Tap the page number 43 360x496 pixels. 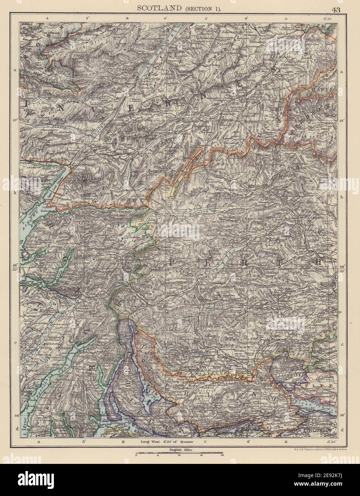tap(335, 10)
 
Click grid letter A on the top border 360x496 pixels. tap(47, 17)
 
